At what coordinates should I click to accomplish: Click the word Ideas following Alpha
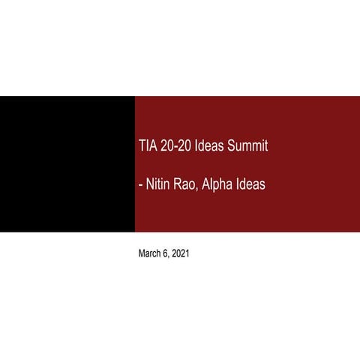pyautogui.click(x=251, y=184)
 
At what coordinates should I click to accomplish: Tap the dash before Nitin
pyautogui.click(x=141, y=184)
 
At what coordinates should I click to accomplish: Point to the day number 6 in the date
pyautogui.click(x=166, y=254)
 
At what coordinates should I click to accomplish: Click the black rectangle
pyautogui.click(x=67, y=163)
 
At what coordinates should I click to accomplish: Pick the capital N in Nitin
pyautogui.click(x=149, y=184)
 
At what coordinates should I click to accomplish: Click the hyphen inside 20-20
pyautogui.click(x=176, y=146)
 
